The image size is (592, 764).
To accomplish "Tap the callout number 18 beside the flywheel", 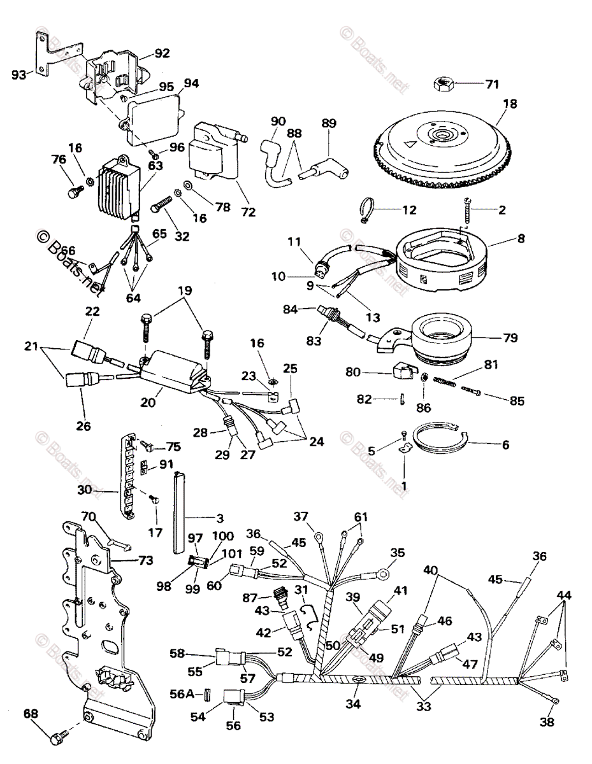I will tap(510, 104).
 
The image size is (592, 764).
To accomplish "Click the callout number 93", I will tap(20, 74).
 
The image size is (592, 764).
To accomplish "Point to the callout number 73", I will tap(146, 560).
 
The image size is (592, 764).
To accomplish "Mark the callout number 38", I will tap(546, 722).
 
